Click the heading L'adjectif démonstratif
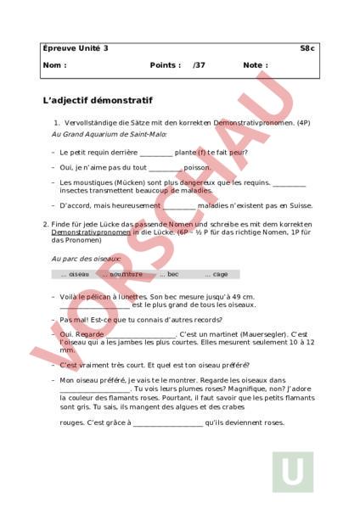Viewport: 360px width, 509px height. coord(98,100)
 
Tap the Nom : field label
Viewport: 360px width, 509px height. coord(53,64)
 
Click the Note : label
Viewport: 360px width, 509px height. coord(255,64)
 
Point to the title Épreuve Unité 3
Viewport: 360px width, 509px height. coord(76,48)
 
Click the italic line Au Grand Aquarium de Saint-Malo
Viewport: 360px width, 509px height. coord(110,134)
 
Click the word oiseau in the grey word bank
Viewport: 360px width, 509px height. coord(78,274)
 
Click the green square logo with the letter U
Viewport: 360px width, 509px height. coord(293,473)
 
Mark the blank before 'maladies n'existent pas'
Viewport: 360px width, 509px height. coord(178,204)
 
